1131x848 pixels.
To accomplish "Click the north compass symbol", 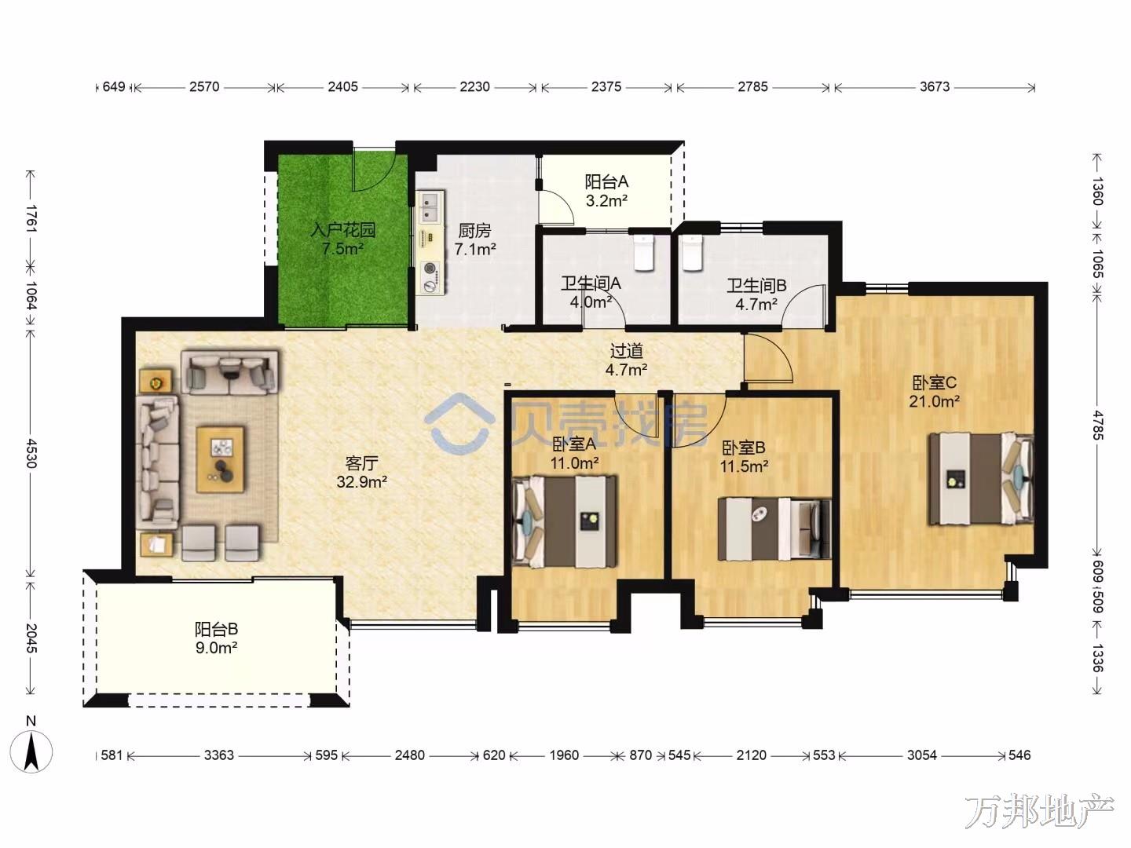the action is point(31,751).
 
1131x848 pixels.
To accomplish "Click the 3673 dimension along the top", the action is point(935,86).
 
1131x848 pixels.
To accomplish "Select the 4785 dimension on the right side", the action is point(1096,425).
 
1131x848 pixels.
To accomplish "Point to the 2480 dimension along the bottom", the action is point(410,755).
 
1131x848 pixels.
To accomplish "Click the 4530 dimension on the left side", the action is point(31,453).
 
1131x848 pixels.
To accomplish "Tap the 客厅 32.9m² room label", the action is point(362,473).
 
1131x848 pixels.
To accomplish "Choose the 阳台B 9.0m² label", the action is point(217,638).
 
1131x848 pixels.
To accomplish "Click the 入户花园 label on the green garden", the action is point(342,230).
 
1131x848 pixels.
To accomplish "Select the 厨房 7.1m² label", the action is point(474,240).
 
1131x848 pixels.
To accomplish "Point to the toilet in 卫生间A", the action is point(643,253).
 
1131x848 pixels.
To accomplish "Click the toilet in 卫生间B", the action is point(691,253).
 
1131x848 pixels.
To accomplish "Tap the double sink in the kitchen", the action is point(430,207).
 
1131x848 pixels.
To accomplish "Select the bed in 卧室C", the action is point(981,479).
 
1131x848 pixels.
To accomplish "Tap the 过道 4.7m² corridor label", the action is point(626,360).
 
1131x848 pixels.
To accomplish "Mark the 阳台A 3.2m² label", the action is point(606,191).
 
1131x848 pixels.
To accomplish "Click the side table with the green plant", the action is point(156,382).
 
